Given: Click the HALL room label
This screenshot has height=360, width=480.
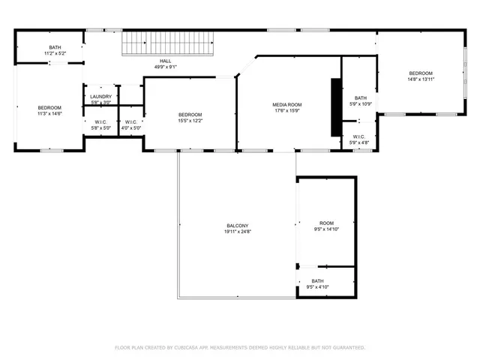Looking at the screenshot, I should [166, 61].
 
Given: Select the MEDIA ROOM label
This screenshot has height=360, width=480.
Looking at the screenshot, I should [286, 104].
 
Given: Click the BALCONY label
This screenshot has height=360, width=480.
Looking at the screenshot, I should [238, 226].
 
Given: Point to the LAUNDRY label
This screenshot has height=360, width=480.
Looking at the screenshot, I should [100, 96].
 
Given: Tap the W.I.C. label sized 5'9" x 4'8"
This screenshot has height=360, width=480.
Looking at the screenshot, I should [359, 136].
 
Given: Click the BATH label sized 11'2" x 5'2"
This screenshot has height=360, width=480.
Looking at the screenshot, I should [55, 47].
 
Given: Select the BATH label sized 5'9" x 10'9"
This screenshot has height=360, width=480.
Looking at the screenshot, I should [361, 97].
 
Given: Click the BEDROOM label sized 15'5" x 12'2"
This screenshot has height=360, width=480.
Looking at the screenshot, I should [190, 114].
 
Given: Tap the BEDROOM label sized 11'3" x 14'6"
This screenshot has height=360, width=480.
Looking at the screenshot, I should [49, 108].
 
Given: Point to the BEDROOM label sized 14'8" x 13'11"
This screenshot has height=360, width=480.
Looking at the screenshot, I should [421, 73].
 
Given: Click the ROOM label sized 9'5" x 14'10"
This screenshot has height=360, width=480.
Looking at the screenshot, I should [326, 223].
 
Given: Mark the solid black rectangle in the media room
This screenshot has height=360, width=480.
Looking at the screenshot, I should [336, 107].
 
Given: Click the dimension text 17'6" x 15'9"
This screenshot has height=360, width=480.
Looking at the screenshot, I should [286, 111].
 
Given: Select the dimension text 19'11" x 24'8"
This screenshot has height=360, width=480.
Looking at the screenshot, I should [238, 232].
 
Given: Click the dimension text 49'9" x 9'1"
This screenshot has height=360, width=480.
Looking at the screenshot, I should [166, 67].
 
